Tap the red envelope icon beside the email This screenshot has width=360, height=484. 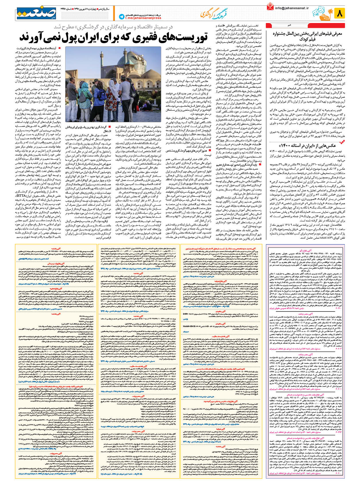click(270, 6)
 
